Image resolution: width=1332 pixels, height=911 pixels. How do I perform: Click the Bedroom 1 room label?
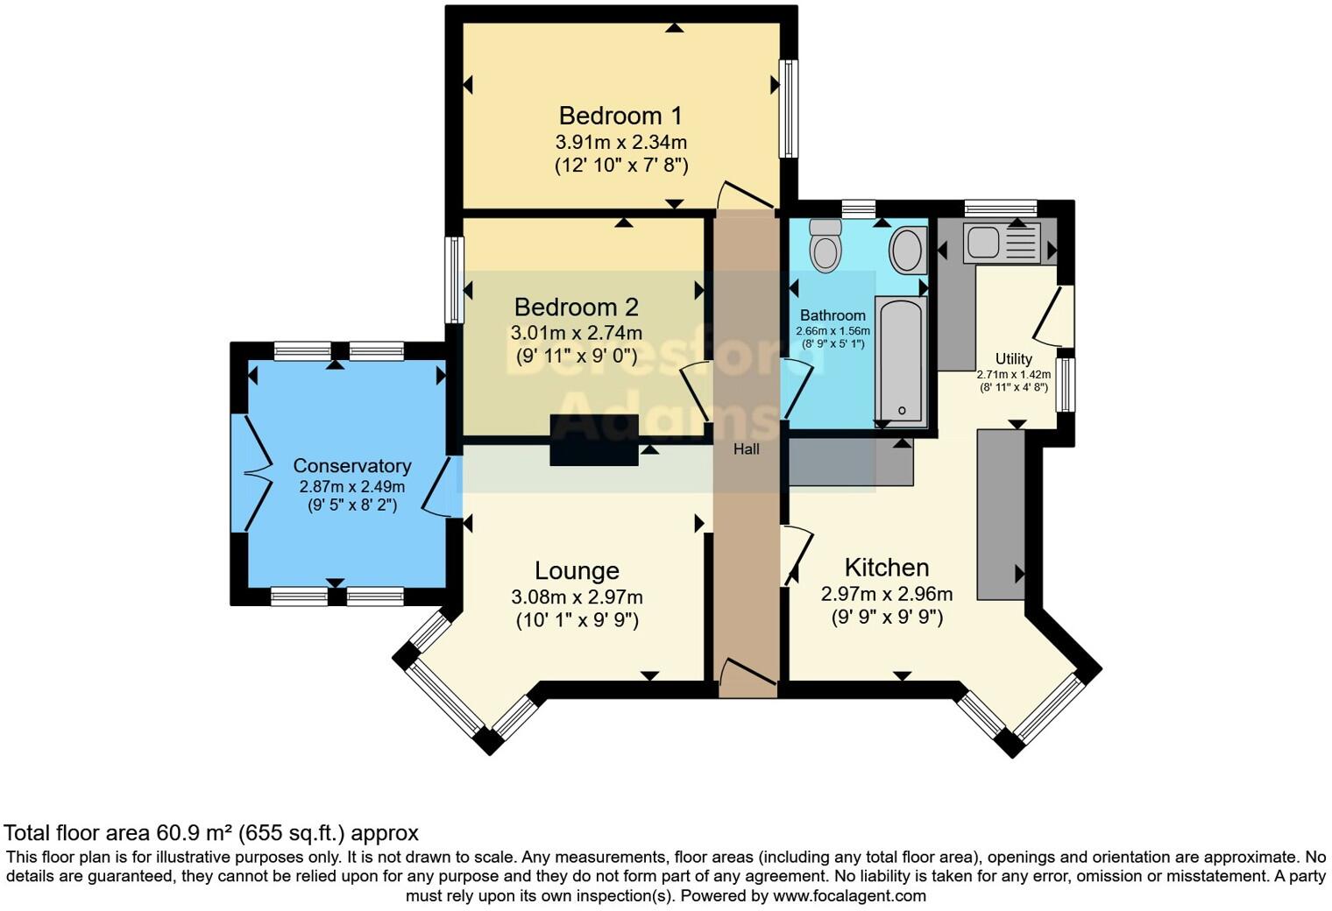pos(620,116)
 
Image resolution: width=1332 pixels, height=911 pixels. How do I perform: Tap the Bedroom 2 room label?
pos(576,307)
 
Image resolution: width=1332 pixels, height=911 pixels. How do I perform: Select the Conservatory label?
pos(351,466)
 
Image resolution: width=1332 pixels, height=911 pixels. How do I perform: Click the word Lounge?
pos(577,571)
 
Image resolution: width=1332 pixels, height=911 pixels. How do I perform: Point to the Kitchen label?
pos(886,568)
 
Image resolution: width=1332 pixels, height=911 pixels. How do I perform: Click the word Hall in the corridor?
pos(747,449)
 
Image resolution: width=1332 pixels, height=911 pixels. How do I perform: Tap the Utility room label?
pos(1013,359)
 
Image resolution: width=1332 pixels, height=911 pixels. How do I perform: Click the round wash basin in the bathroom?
pos(908,249)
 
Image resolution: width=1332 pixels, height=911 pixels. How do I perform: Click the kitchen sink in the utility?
pos(1002,243)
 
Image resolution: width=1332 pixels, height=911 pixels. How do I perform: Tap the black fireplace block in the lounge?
pos(593,440)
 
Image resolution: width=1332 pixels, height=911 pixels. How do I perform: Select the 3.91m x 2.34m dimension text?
pos(620,142)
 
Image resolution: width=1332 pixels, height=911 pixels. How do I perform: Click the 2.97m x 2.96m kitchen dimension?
pos(886,594)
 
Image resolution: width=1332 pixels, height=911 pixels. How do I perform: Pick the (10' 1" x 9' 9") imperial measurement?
pos(577,620)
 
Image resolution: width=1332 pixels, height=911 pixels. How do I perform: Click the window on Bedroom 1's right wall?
pos(790,109)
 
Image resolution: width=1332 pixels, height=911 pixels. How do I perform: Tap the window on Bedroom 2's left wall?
pos(453,280)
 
